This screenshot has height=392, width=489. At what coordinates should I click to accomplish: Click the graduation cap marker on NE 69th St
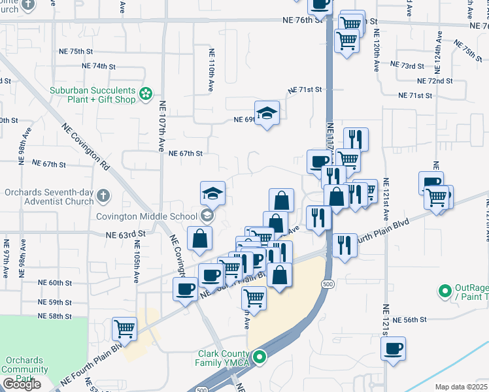click(x=267, y=114)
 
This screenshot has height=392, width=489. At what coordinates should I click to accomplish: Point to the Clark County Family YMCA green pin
click(x=260, y=357)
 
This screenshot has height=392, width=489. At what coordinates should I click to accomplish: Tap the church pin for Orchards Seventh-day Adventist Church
click(x=104, y=195)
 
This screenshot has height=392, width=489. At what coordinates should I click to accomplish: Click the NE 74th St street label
click(x=99, y=66)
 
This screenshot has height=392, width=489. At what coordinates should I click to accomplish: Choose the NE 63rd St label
click(x=124, y=233)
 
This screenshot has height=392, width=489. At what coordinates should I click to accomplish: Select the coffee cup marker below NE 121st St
click(x=393, y=350)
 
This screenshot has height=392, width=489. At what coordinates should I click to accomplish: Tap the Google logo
click(x=22, y=384)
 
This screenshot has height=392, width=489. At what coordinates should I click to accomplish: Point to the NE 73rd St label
click(x=413, y=66)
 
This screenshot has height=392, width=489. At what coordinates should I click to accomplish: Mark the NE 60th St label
click(x=54, y=283)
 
